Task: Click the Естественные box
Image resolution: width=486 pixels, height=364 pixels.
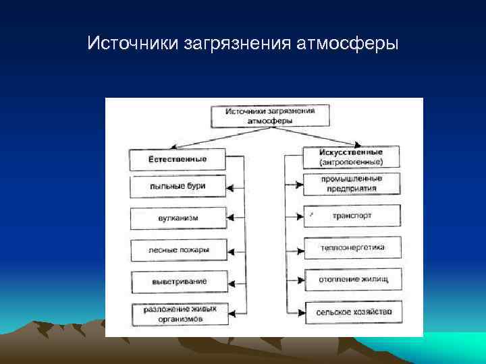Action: point(178,160)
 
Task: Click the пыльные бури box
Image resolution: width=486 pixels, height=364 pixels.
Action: point(178,186)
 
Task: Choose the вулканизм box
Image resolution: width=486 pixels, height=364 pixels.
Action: point(178,218)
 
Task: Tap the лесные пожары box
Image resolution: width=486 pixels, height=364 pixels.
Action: point(178,250)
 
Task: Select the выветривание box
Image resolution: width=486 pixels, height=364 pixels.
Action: point(178,281)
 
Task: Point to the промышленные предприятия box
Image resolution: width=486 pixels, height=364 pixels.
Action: point(352,184)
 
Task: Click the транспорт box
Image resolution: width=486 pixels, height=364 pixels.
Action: point(352,216)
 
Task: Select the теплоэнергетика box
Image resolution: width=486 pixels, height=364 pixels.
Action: point(352,247)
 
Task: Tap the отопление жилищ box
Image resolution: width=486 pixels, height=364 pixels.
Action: point(352,279)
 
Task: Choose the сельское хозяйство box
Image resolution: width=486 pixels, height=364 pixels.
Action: point(352,311)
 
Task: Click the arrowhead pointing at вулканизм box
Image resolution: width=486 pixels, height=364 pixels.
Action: point(231,218)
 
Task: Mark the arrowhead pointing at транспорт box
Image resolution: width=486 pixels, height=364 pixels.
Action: point(299,216)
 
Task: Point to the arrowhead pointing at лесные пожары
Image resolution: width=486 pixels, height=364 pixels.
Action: point(231,250)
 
